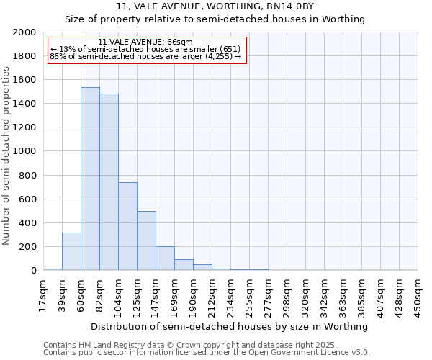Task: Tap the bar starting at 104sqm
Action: pyautogui.click(x=127, y=226)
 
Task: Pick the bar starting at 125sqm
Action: pyautogui.click(x=146, y=240)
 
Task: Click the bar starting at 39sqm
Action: pyautogui.click(x=71, y=251)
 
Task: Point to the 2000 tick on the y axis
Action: pyautogui.click(x=25, y=32)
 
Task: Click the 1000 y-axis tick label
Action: pyautogui.click(x=25, y=152)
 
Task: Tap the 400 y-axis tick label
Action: pyautogui.click(x=28, y=223)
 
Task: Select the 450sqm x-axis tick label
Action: pyautogui.click(x=418, y=295)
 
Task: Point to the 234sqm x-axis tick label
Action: pyautogui.click(x=230, y=295)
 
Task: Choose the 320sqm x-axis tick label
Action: pyautogui.click(x=305, y=295)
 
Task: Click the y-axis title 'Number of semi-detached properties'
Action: pyautogui.click(x=7, y=156)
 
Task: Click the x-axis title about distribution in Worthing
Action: pyautogui.click(x=230, y=326)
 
